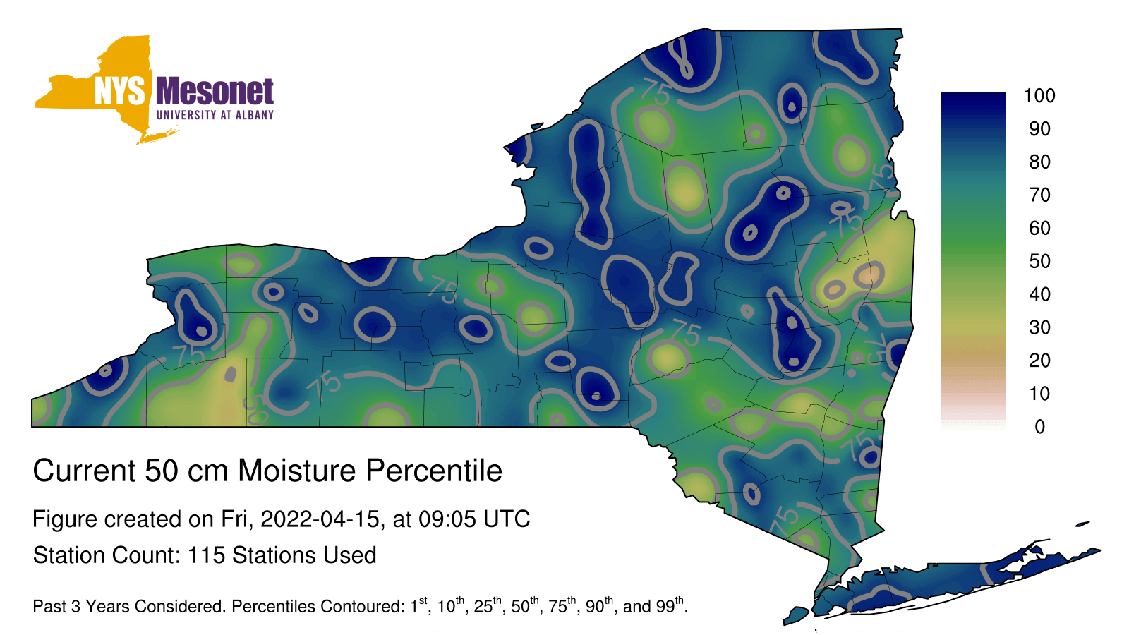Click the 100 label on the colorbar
click(1039, 95)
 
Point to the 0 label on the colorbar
click(1040, 427)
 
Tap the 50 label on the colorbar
click(1040, 261)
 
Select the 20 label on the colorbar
click(1040, 361)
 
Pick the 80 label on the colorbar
click(1040, 162)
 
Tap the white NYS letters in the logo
click(119, 91)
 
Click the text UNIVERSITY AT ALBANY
click(215, 115)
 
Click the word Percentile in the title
click(434, 471)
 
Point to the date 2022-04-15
click(320, 519)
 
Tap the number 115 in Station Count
click(205, 555)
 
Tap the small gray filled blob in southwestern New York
click(230, 375)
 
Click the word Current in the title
click(84, 471)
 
